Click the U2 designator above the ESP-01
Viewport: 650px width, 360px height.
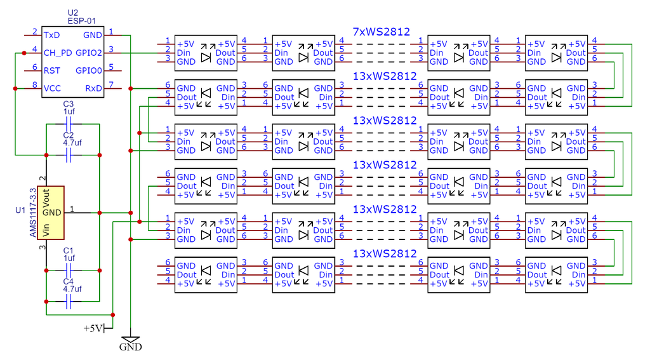click(x=72, y=13)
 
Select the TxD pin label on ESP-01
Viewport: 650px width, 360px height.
click(x=52, y=35)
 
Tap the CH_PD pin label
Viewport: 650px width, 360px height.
click(x=58, y=53)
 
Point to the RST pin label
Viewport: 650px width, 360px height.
click(x=52, y=70)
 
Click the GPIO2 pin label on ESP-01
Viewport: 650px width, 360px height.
click(x=89, y=53)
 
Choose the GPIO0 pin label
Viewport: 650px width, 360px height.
click(x=89, y=70)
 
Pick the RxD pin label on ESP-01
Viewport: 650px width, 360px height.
click(x=93, y=88)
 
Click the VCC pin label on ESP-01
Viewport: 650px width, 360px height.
click(x=53, y=88)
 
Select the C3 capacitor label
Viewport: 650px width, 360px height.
click(x=69, y=103)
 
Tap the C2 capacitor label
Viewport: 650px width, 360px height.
click(x=69, y=135)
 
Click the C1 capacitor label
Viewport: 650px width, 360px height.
click(x=69, y=250)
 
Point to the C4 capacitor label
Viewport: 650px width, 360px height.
click(x=69, y=281)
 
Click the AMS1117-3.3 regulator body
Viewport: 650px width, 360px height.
click(x=51, y=212)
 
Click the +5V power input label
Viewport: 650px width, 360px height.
click(x=93, y=328)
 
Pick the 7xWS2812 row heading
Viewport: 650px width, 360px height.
click(x=381, y=31)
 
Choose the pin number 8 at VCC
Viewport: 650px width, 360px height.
click(x=34, y=85)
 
